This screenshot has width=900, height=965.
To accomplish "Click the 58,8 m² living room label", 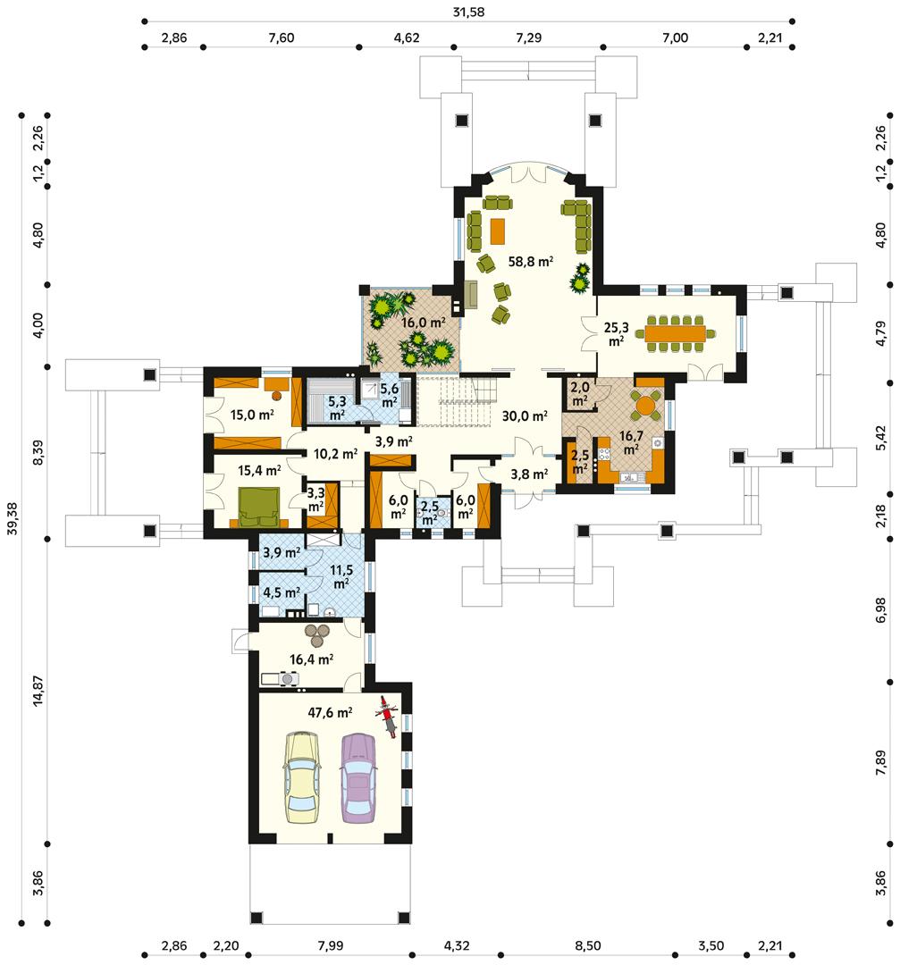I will coord(531,262).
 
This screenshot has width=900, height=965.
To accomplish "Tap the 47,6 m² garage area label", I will coord(331,712).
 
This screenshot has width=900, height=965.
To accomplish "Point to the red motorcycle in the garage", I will coord(388,715).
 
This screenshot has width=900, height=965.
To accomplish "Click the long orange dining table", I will coord(676,333).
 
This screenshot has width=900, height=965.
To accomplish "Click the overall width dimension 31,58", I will coord(468,12).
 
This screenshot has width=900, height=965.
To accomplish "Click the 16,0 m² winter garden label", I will coord(423,323).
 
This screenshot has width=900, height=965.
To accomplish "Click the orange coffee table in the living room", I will coord(498,231).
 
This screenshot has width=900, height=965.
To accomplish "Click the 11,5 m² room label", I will coord(341,577).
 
